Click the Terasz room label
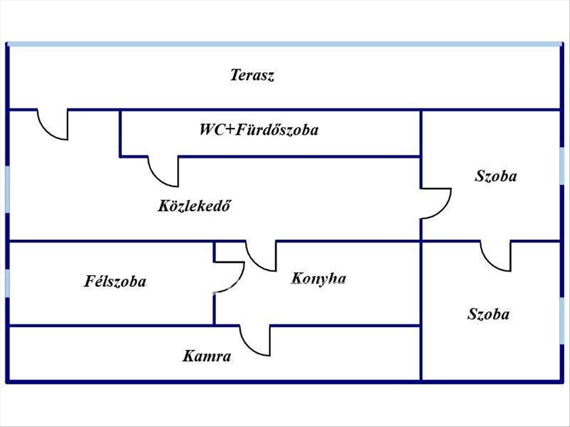(252, 75)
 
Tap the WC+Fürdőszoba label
(259, 130)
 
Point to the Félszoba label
(115, 282)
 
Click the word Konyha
(318, 278)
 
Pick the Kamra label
(207, 356)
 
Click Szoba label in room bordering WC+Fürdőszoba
(495, 176)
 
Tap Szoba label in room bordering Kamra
(488, 314)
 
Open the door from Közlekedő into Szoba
(435, 204)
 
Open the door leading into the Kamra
(256, 340)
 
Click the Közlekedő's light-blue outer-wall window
(7, 190)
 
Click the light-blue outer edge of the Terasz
(285, 44)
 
